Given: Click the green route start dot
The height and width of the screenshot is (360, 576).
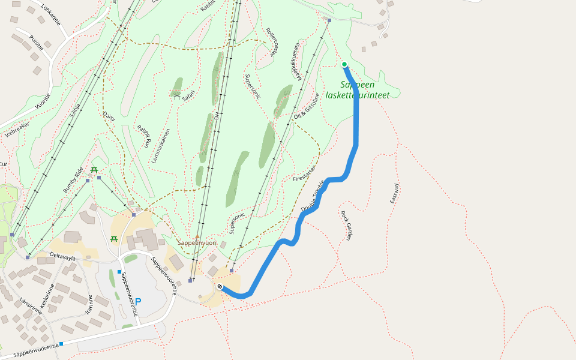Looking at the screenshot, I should pyautogui.click(x=344, y=64).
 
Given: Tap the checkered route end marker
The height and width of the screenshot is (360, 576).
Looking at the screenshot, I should pyautogui.click(x=220, y=286).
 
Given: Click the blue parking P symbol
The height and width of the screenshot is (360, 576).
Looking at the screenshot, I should pyautogui.click(x=138, y=302).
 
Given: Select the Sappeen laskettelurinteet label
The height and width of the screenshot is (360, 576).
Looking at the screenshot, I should pyautogui.click(x=358, y=90).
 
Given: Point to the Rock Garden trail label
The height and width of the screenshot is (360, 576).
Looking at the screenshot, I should pyautogui.click(x=346, y=226).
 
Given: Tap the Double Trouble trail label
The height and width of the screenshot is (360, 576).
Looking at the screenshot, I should pyautogui.click(x=313, y=195).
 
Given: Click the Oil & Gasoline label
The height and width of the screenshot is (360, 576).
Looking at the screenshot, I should pyautogui.click(x=307, y=107).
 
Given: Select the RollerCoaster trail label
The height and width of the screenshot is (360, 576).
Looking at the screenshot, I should pyautogui.click(x=272, y=41).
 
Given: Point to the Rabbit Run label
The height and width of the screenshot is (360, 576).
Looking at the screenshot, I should pyautogui.click(x=144, y=136).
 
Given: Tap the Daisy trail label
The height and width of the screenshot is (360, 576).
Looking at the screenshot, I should pyautogui.click(x=109, y=116).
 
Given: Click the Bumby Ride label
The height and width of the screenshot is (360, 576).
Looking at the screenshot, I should pyautogui.click(x=73, y=179).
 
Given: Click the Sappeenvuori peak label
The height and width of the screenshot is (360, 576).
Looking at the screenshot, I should pyautogui.click(x=196, y=243).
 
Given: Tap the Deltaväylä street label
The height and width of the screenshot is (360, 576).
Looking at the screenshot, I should pyautogui.click(x=62, y=257).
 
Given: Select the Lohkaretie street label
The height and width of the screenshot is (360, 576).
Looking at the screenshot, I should pyautogui.click(x=50, y=15).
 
